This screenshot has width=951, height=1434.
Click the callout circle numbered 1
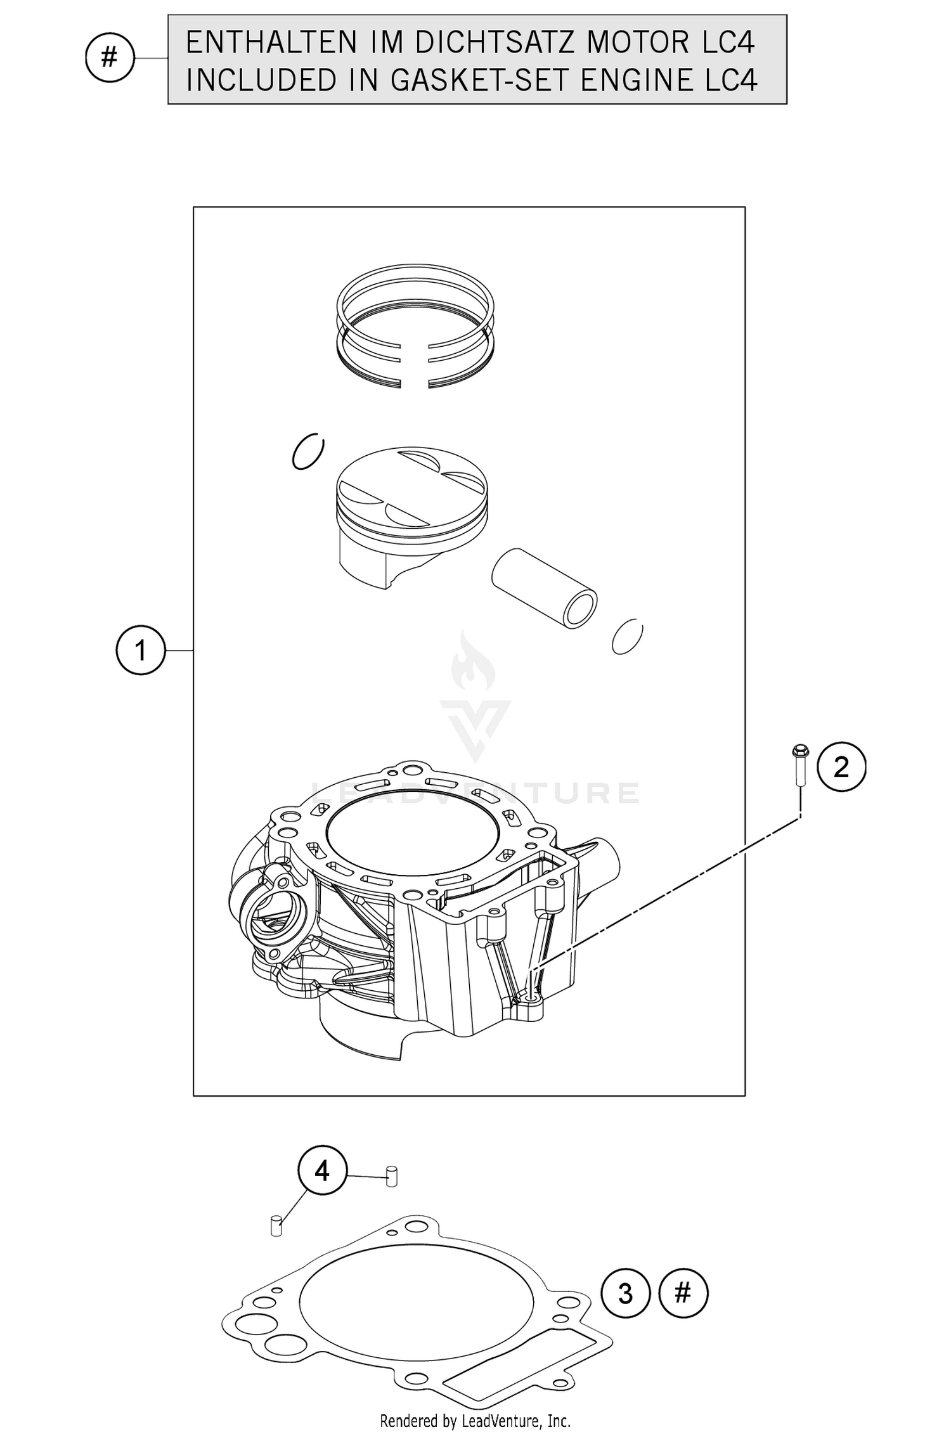point(140,650)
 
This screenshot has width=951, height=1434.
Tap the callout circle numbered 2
point(841,768)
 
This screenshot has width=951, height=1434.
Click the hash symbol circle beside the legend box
point(109,58)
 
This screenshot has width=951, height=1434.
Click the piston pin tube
point(544,588)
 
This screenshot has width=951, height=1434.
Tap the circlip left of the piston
point(308,453)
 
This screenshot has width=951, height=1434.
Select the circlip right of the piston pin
point(627,636)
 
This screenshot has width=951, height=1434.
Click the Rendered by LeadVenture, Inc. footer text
point(475,1421)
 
